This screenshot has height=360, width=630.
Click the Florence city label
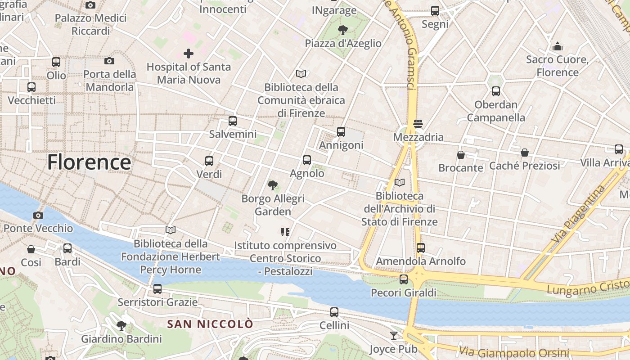pyautogui.click(x=89, y=162)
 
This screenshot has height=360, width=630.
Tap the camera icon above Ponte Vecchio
pyautogui.click(x=38, y=215)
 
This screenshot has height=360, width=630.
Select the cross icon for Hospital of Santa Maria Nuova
pyautogui.click(x=189, y=54)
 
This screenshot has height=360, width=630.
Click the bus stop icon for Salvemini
pyautogui.click(x=233, y=121)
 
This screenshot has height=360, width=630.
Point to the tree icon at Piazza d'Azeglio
pyautogui.click(x=343, y=30)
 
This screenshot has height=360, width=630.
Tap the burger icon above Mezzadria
pyautogui.click(x=418, y=124)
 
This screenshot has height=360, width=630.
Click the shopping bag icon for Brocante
pyautogui.click(x=461, y=155)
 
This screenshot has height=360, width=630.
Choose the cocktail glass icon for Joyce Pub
pyautogui.click(x=394, y=336)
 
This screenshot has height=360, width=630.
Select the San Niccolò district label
pyautogui.click(x=210, y=324)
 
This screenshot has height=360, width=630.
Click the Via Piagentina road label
pyautogui.click(x=579, y=214)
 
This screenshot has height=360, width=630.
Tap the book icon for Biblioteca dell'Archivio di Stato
pyautogui.click(x=399, y=182)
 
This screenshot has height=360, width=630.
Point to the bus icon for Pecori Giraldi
pyautogui.click(x=404, y=279)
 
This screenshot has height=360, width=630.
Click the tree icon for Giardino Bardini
pyautogui.click(x=121, y=325)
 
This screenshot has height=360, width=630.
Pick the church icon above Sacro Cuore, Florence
pyautogui.click(x=558, y=46)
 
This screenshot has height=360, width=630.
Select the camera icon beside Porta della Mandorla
pyautogui.click(x=109, y=61)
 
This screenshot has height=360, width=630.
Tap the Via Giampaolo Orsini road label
pyautogui.click(x=514, y=352)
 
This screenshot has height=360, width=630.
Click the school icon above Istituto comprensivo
pyautogui.click(x=285, y=232)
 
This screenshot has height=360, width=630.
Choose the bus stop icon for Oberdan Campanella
pyautogui.click(x=496, y=91)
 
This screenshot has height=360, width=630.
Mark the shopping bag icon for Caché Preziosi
pyautogui.click(x=525, y=153)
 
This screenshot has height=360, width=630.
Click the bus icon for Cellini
pyautogui.click(x=334, y=312)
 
